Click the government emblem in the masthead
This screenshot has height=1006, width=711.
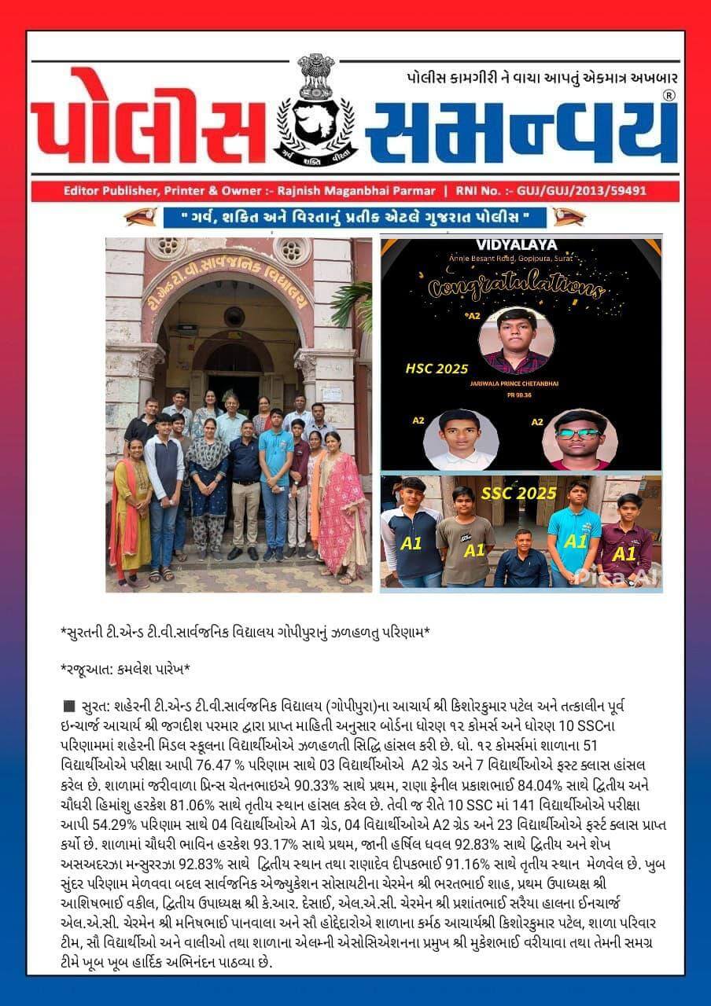pos(315,110)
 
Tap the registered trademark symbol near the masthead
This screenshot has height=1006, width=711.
pos(669,95)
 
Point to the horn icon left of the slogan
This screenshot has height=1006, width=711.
pos(140,216)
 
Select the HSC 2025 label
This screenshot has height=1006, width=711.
pos(436,369)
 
